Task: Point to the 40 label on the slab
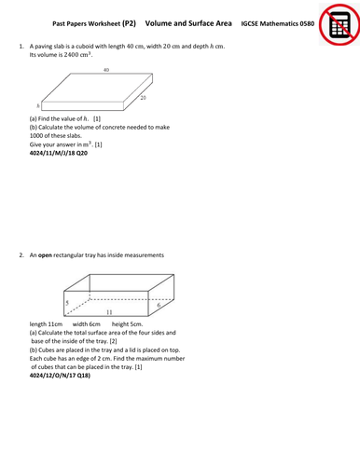[x=107, y=70]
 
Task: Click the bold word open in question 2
[x=46, y=254]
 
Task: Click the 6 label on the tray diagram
[x=159, y=305]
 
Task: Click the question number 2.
[x=20, y=254]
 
